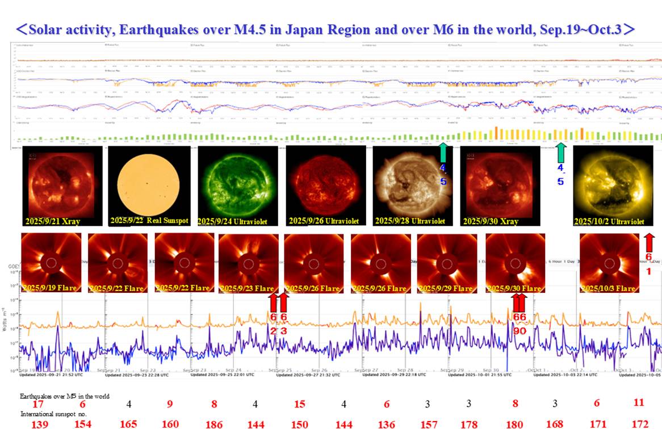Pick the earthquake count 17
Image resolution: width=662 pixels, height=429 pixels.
point(38,404)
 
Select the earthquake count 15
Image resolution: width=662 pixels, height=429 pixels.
point(300,404)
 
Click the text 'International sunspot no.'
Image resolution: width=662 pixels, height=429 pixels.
point(53,415)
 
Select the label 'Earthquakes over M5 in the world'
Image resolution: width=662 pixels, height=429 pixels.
point(65,396)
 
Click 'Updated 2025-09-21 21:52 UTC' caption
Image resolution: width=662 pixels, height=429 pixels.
point(51,375)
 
